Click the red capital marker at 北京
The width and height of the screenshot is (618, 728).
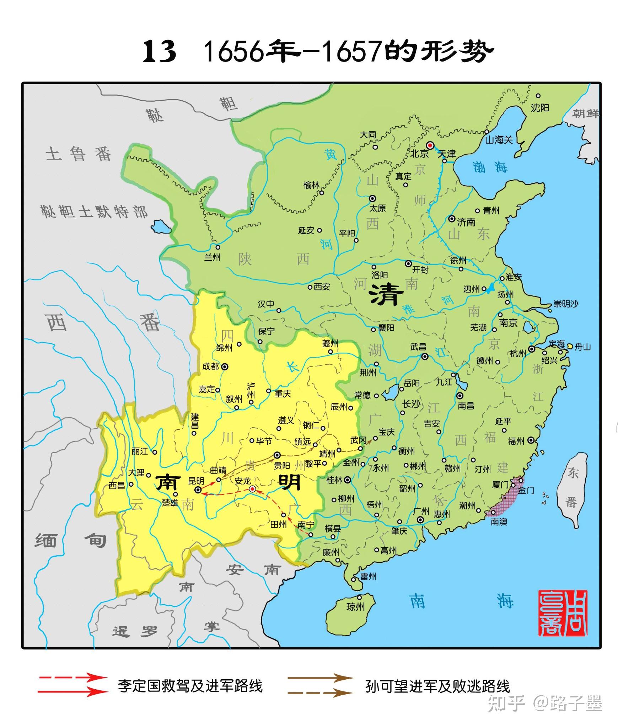430,145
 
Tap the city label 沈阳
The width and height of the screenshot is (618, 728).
540,108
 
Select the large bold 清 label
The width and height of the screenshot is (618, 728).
387,295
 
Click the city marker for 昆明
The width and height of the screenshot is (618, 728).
198,490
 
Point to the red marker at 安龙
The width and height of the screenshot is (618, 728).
252,489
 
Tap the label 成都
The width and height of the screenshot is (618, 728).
210,366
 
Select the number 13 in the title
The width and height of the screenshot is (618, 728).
159,52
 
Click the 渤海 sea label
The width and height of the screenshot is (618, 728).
490,167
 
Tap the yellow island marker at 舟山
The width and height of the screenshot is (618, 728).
570,346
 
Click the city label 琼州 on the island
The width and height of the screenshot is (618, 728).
355,606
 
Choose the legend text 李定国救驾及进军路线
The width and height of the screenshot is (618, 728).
190,686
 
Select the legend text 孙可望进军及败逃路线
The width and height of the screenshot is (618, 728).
437,686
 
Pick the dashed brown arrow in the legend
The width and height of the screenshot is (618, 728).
320,692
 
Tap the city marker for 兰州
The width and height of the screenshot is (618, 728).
218,247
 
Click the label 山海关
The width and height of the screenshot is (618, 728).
499,140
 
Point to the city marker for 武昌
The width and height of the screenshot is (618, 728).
425,357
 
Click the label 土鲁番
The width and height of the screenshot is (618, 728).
78,154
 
